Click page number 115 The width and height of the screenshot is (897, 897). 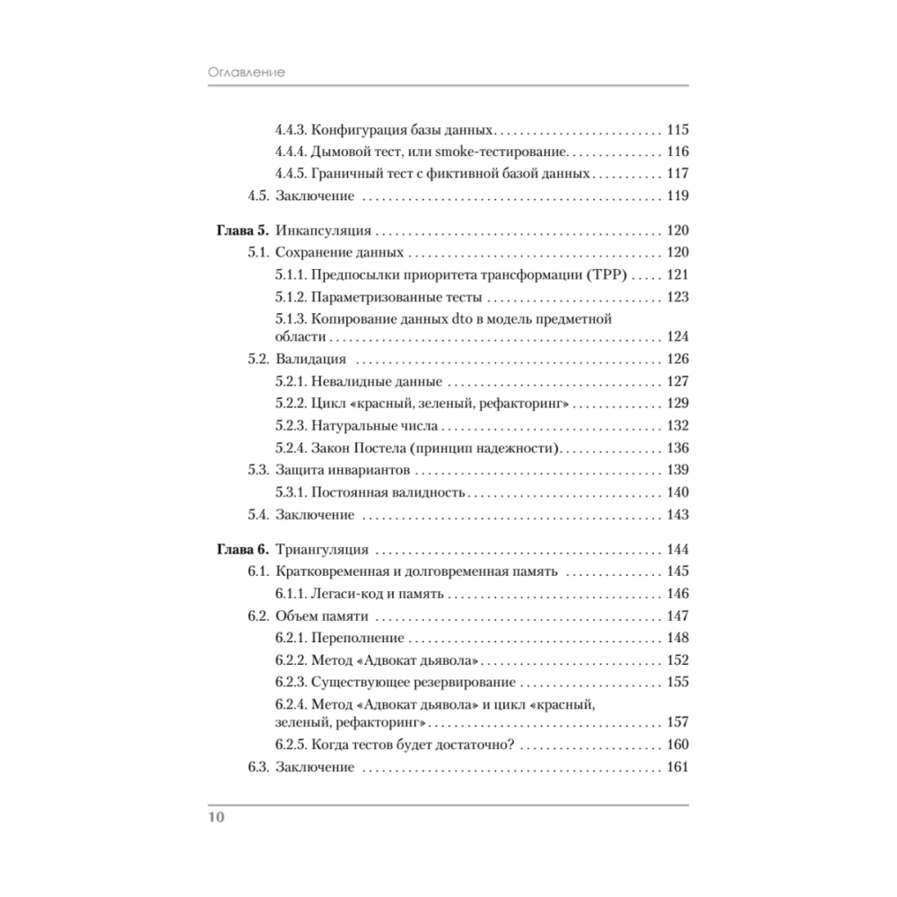677,129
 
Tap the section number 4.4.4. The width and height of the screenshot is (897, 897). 291,152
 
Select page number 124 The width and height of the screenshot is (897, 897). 677,337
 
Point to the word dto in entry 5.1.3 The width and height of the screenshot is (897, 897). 463,318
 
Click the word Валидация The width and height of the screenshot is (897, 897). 310,360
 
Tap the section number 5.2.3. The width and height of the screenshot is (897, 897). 291,425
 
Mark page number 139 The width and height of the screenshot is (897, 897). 677,470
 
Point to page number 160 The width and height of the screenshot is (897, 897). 677,745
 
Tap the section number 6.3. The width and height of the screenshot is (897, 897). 258,768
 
